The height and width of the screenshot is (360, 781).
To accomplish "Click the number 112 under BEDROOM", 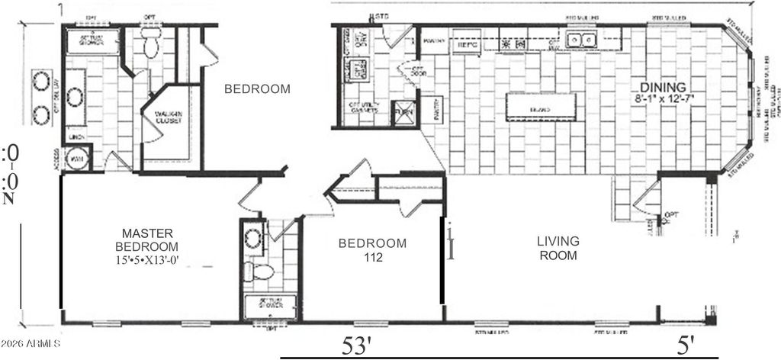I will [x=372, y=258].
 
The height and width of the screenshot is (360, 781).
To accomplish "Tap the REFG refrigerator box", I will [x=467, y=43].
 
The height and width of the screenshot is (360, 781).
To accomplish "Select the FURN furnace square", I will [x=403, y=113].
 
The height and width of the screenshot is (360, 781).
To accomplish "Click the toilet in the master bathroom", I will [x=149, y=47].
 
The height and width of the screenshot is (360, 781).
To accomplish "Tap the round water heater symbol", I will [x=78, y=157].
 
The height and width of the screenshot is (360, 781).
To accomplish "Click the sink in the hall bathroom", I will [x=252, y=238].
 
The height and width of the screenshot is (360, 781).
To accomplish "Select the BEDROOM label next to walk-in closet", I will [x=257, y=89].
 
